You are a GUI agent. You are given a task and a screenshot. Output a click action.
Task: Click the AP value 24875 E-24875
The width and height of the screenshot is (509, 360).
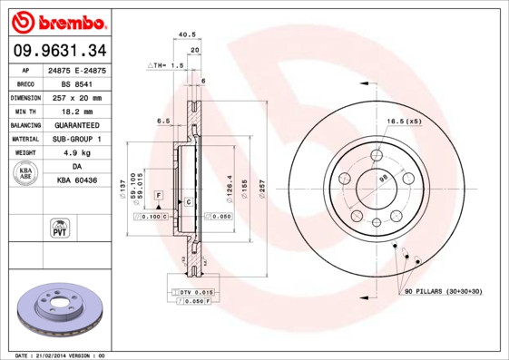(77, 70)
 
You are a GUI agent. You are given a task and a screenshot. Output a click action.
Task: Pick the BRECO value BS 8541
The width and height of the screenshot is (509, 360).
(77, 83)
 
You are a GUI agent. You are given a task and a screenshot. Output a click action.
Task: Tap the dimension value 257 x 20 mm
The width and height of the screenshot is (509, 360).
(77, 97)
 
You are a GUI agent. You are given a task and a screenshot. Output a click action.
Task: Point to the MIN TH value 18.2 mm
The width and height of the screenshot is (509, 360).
(77, 111)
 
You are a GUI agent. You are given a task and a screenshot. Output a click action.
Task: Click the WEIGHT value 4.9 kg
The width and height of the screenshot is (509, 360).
(77, 153)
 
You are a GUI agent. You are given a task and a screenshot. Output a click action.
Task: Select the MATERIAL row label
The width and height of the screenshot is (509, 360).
(24, 139)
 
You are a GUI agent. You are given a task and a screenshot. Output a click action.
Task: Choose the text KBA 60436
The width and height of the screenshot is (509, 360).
(77, 181)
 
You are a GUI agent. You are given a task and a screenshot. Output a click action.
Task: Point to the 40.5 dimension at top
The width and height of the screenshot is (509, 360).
(187, 34)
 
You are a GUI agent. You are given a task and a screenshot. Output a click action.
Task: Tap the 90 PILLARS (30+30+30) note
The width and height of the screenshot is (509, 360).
(442, 290)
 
